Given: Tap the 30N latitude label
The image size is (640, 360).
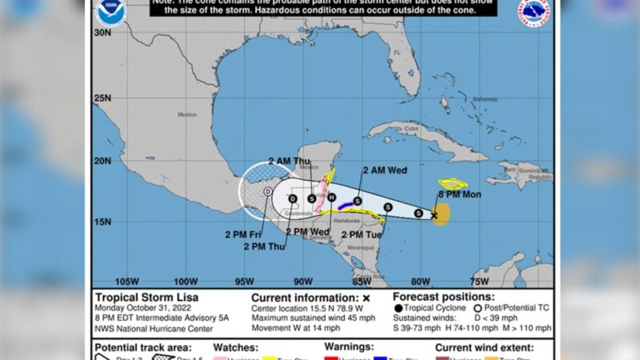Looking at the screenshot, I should click(x=102, y=33).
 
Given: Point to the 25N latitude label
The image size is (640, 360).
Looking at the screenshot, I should click(x=102, y=98).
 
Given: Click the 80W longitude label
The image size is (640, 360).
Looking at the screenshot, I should click(x=421, y=281).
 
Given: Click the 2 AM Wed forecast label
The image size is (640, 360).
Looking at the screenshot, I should click(x=385, y=170).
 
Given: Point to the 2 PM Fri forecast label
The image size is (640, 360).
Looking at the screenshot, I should click(x=244, y=234).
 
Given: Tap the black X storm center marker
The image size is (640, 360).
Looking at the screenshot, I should click(x=434, y=215).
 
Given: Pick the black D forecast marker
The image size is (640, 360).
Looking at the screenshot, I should click(x=293, y=198).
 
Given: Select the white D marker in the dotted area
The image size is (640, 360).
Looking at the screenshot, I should click(x=267, y=193).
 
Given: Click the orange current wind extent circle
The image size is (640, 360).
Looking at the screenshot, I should click(x=442, y=214).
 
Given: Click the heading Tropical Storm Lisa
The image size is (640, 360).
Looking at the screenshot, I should click(x=140, y=297).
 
